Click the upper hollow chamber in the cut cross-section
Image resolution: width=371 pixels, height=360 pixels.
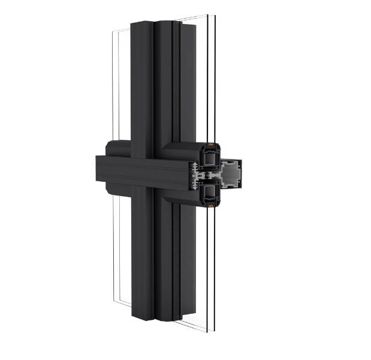pyautogui.click(x=210, y=158)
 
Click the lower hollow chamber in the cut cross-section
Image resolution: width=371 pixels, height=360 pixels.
pyautogui.click(x=210, y=191)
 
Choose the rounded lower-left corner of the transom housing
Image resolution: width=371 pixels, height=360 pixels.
pyautogui.click(x=109, y=192)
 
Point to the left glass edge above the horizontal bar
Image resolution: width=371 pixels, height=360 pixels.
pyautogui.click(x=113, y=90)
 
